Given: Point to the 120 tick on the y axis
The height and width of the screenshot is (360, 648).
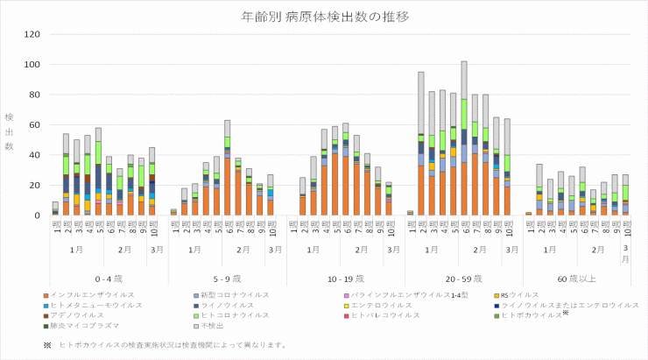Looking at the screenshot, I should click(32, 34).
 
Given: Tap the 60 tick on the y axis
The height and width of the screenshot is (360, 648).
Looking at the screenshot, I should click(34, 124).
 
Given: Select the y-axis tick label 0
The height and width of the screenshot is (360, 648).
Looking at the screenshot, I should click(37, 215).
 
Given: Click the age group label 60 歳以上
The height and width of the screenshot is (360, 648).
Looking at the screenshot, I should click(576, 278).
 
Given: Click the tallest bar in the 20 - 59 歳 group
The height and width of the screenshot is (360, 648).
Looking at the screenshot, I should click(464, 138).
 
